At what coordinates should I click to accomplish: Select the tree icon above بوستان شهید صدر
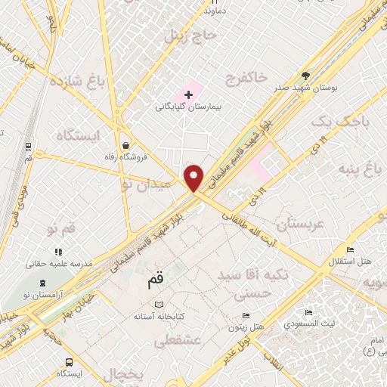[305, 75]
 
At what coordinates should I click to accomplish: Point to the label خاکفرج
[246, 78]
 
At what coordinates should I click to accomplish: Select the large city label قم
[150, 283]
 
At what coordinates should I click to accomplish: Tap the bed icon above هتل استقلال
[350, 250]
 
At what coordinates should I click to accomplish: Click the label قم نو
[61, 227]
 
